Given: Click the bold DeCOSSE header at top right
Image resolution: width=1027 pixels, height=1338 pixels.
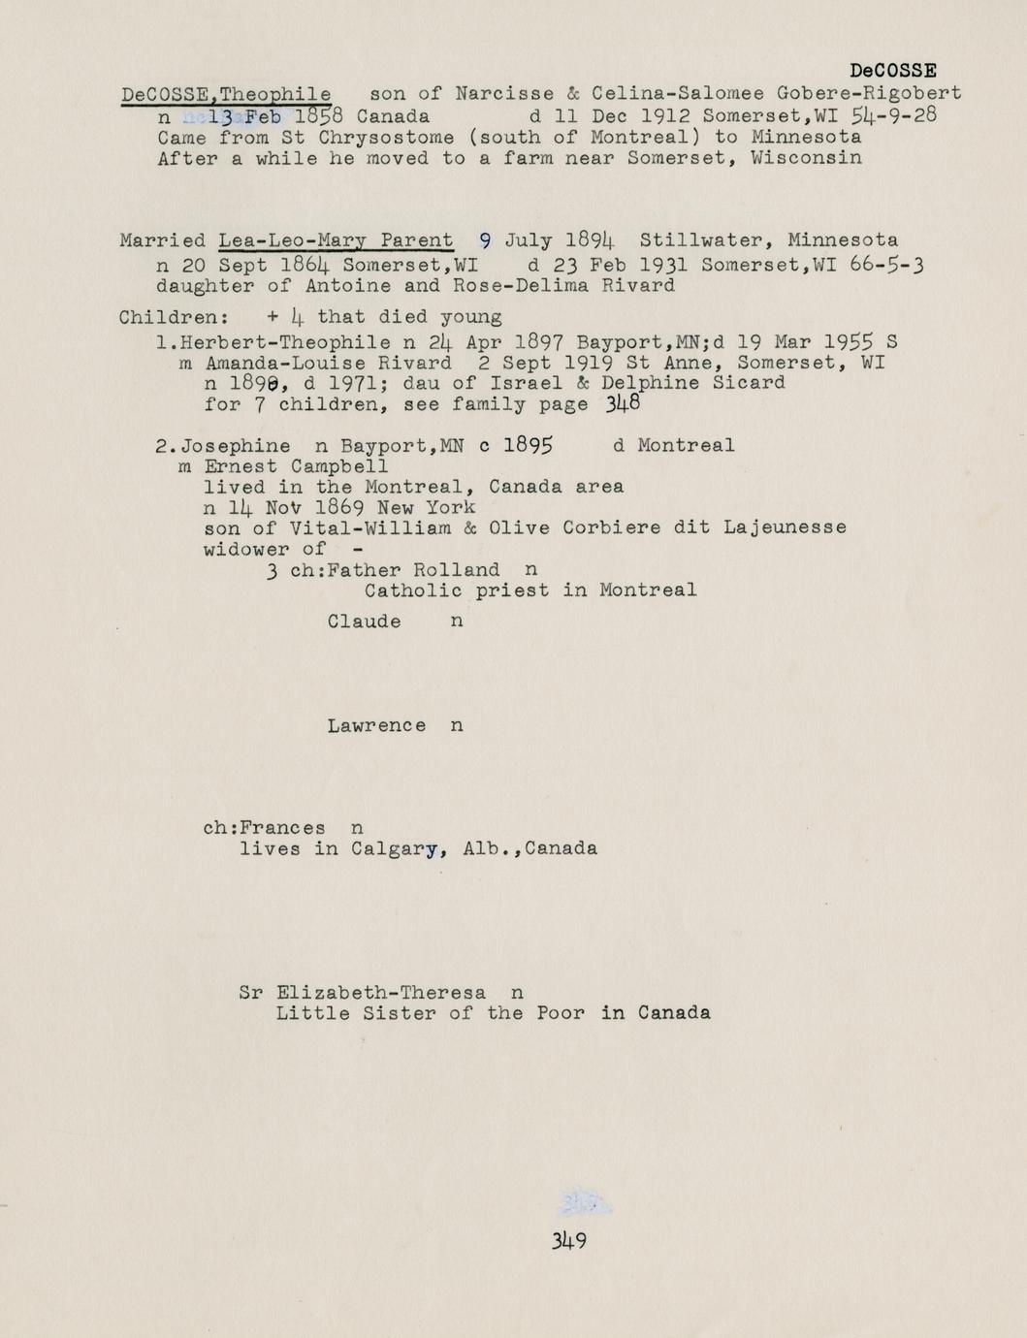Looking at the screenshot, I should point(892,71).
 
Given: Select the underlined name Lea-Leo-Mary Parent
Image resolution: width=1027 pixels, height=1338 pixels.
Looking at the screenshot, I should point(336,240).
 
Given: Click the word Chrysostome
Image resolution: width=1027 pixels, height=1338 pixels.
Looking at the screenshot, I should point(386,137).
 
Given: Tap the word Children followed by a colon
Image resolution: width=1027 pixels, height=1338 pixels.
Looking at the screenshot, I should point(174,317).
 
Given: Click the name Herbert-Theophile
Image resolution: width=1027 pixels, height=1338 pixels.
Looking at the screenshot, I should point(285,342).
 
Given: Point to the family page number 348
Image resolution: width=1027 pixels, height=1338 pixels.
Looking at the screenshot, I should point(623,403).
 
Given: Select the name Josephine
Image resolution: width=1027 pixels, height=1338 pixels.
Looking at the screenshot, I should point(236,446).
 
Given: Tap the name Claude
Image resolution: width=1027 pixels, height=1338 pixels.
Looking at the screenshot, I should point(364,621).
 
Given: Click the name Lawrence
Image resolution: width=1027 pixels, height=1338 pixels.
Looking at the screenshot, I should point(376,725).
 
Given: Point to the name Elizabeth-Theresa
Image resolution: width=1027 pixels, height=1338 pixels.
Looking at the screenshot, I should point(381,993).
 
